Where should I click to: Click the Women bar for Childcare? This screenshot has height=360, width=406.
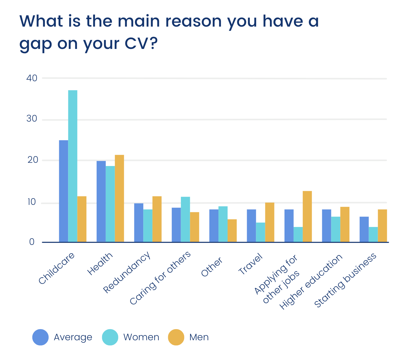coord(73,166)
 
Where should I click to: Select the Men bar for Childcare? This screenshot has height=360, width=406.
coord(82,219)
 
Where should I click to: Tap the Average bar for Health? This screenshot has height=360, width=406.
coord(101,201)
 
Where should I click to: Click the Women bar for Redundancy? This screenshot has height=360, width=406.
coord(148,226)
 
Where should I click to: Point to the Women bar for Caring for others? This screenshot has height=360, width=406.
coord(185,219)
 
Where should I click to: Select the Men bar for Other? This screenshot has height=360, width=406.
coord(232,231)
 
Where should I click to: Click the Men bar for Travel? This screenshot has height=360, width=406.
coord(270,222)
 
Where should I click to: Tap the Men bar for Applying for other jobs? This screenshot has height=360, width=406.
coord(307,217)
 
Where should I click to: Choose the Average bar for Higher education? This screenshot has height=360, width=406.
coord(327,226)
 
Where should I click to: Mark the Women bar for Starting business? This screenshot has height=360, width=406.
coord(373,235)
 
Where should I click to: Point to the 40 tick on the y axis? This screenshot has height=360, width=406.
coord(32,78)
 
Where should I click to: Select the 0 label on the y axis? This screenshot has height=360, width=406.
coord(31,242)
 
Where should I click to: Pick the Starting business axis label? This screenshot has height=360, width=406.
coord(346,281)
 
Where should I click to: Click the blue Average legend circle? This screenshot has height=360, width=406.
coord(41,337)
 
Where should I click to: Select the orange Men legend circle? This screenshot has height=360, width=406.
coord(176,337)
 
